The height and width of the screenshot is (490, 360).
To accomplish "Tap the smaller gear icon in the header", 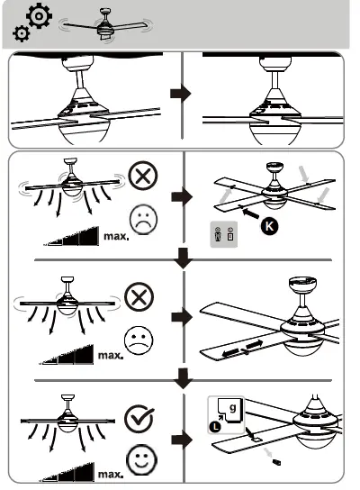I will point(21,34).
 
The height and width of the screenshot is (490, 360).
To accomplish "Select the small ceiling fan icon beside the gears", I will point(103,26).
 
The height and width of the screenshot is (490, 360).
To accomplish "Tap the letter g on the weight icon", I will point(234,409).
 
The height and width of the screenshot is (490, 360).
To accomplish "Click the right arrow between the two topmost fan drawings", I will point(182,94).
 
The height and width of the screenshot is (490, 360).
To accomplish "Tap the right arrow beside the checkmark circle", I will point(182,440).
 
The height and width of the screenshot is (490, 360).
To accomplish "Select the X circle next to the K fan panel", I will point(142,177).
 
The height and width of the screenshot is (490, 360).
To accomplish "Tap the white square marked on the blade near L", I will point(258,439).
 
